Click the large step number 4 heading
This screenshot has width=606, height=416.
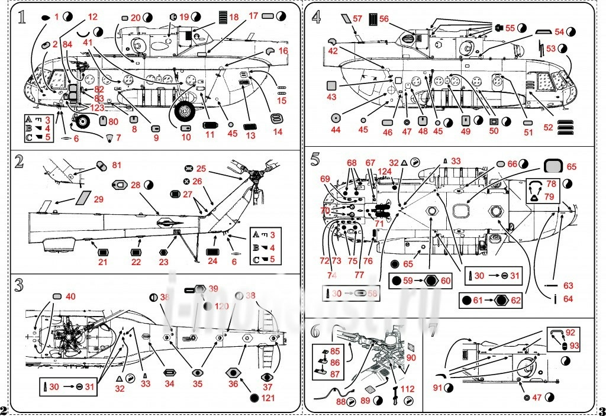(317, 17)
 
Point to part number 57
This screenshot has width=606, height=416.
(357, 19)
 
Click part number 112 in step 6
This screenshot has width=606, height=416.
(408, 389)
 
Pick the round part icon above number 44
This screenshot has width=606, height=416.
(336, 117)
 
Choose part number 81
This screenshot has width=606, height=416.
(117, 165)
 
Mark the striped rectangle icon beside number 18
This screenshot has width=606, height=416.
(223, 17)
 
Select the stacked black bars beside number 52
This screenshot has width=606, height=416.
(565, 127)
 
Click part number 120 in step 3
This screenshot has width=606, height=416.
(222, 306)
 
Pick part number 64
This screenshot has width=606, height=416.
(568, 299)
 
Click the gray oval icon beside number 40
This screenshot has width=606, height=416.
(57, 296)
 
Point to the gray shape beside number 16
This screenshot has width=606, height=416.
(270, 51)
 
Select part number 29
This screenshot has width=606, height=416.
(98, 199)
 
